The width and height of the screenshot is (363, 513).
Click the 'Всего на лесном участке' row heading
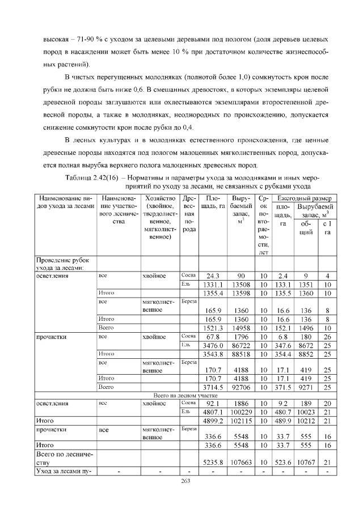(x=181, y=395)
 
